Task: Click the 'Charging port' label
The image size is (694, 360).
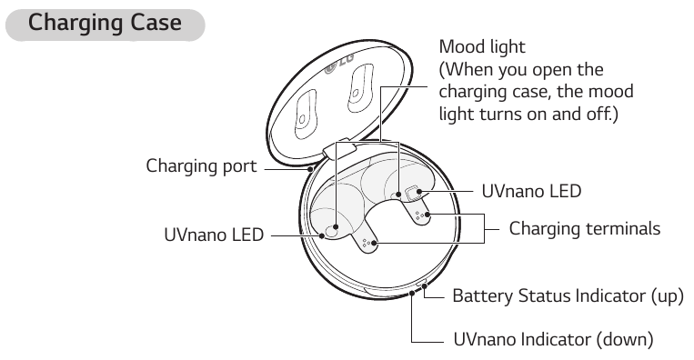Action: tap(202, 166)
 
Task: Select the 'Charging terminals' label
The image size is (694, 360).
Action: tap(584, 228)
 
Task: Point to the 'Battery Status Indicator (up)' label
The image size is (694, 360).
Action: tap(568, 296)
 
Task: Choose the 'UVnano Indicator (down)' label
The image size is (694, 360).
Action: tap(552, 340)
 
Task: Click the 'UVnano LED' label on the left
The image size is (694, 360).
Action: tap(213, 235)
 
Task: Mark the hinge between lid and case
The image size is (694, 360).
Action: tap(338, 145)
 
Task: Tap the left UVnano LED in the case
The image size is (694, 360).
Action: tap(335, 231)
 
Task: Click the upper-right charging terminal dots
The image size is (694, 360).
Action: tap(419, 215)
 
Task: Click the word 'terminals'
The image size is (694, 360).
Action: tap(625, 228)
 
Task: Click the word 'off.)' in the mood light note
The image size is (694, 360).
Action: tap(599, 115)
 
